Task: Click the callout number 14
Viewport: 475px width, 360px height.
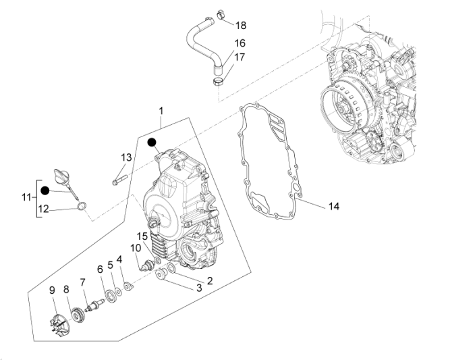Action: (334, 207)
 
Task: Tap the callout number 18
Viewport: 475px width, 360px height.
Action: (241, 26)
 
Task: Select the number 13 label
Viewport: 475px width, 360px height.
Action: (126, 157)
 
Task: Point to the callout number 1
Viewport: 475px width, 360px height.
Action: (161, 111)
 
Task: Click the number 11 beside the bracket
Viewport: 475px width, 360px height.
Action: (26, 197)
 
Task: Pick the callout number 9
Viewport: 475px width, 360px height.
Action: (52, 290)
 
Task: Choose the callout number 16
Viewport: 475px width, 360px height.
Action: (240, 43)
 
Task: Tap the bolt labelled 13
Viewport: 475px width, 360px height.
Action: (119, 180)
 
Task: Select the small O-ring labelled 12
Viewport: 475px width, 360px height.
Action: (82, 207)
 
